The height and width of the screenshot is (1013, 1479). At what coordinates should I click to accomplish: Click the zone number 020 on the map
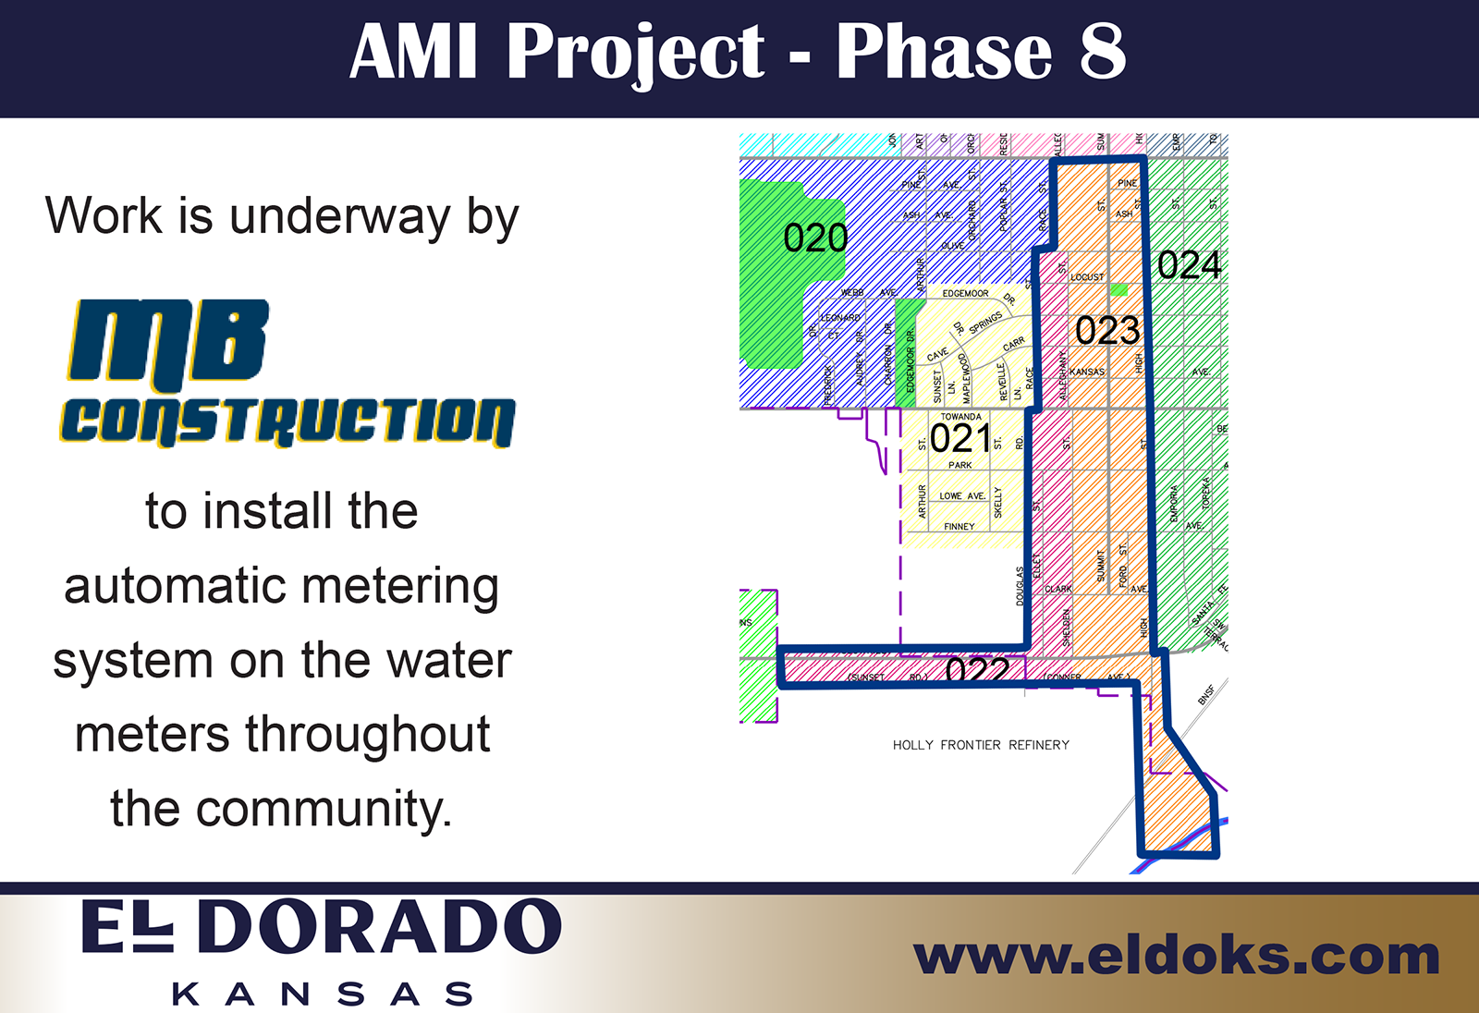tap(815, 238)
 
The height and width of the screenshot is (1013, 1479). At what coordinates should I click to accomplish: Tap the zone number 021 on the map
tap(960, 439)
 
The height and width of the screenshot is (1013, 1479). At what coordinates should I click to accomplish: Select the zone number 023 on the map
tap(1107, 331)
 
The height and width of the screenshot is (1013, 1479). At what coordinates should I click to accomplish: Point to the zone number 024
tap(1190, 266)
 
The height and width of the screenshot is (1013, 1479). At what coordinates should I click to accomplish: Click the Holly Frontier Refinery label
tap(981, 745)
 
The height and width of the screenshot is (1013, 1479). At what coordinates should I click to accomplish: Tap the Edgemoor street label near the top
tap(965, 294)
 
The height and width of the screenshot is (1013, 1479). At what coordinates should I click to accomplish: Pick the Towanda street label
tap(961, 417)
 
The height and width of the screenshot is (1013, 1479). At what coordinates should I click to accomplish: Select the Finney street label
tap(960, 527)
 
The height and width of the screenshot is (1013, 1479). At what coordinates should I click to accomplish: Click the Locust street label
tap(1087, 277)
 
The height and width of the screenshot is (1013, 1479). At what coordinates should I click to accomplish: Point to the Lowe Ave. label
tap(962, 496)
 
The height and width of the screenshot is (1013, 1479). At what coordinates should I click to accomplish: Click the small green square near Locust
tap(1118, 290)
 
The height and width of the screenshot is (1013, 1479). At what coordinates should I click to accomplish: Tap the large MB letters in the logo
tap(169, 342)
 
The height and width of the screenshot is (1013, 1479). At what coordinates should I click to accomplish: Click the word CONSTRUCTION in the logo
tap(287, 421)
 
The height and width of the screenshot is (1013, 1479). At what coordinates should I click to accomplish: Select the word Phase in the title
tap(943, 52)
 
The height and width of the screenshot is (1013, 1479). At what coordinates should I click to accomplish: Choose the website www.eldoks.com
tap(1176, 956)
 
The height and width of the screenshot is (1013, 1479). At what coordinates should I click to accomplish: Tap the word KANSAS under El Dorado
tap(323, 995)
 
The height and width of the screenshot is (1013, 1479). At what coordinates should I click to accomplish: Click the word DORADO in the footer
tap(380, 927)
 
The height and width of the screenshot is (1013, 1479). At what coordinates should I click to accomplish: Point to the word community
tap(323, 810)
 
